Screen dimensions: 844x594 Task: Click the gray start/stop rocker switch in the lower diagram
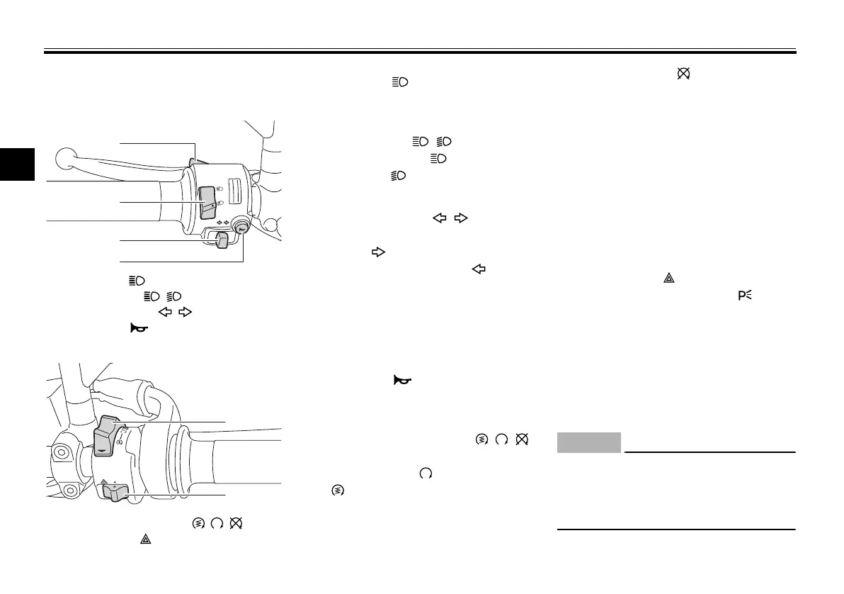point(105,434)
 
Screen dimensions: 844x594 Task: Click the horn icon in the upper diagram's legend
point(132,326)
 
